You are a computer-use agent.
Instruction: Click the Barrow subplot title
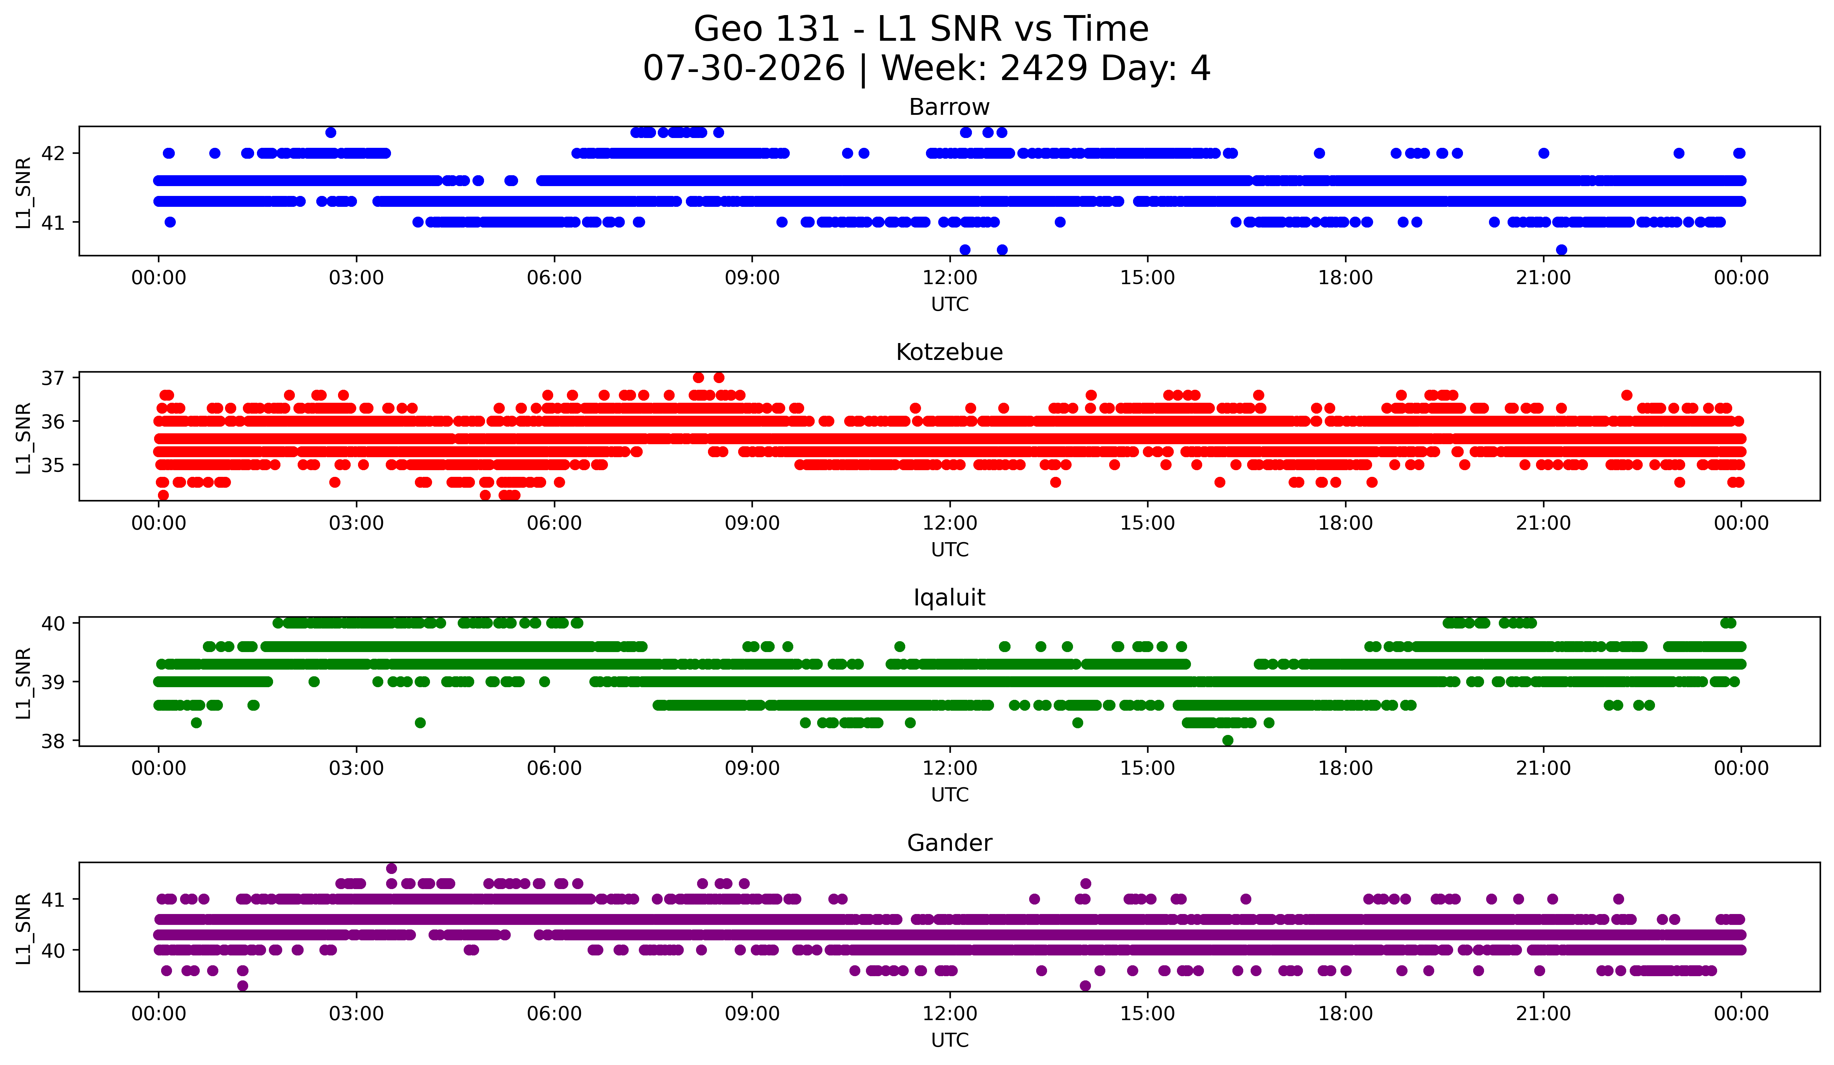949,107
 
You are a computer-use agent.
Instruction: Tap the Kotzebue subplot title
949,352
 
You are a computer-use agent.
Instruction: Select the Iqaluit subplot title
949,598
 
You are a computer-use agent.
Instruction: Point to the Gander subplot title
949,843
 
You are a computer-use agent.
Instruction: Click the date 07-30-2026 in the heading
744,68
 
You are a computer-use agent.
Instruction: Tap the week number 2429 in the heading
1044,68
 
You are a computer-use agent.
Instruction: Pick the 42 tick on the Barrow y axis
53,153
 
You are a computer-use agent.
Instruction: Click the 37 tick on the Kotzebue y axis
53,378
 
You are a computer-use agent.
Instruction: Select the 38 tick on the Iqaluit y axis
53,740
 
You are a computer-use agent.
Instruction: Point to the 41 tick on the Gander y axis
53,899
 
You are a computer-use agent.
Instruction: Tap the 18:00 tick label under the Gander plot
1345,1013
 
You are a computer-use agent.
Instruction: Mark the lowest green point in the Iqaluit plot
1228,740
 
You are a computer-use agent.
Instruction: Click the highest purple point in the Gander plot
391,868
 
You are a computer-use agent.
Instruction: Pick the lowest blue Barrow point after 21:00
1561,250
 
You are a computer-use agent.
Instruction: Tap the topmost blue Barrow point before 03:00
330,132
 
